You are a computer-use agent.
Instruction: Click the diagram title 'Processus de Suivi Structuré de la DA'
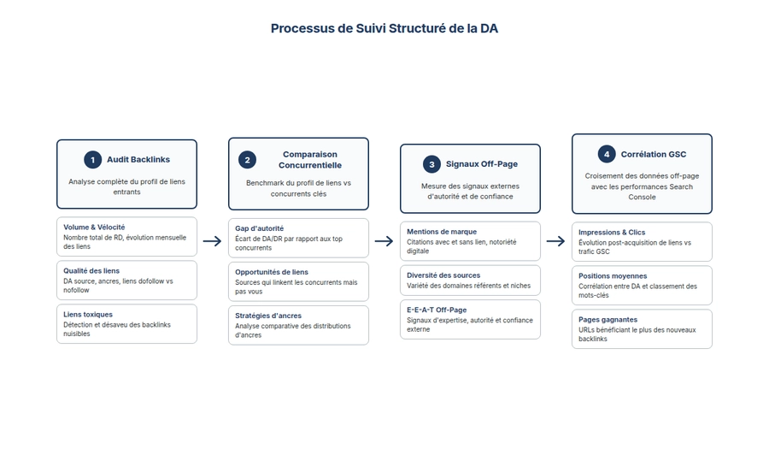pos(384,28)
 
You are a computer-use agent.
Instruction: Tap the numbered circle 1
pos(92,159)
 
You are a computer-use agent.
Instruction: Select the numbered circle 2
pos(247,159)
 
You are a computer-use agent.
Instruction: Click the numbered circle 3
pos(431,163)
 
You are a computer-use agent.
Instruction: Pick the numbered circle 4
pos(607,154)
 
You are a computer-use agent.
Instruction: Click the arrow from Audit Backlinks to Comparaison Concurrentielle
pos(212,241)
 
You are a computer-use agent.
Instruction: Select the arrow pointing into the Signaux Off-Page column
pos(384,241)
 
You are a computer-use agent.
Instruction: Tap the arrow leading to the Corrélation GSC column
pos(555,241)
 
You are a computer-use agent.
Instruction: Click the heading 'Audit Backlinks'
pos(138,159)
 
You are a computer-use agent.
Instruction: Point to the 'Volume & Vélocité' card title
pos(94,227)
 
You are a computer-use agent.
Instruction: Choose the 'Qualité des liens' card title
pos(91,271)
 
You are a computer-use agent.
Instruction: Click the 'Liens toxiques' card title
pos(88,315)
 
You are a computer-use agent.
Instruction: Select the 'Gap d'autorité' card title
pos(260,228)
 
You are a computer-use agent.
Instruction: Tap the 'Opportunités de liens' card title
pos(272,272)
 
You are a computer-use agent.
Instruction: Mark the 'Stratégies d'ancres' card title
pos(268,316)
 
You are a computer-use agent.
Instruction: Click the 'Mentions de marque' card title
pos(442,232)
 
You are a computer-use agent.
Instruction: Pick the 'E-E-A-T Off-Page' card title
pos(437,310)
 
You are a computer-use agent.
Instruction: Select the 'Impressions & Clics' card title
pos(612,233)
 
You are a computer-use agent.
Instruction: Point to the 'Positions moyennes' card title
pos(613,276)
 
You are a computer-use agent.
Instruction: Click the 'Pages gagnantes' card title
pos(608,320)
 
